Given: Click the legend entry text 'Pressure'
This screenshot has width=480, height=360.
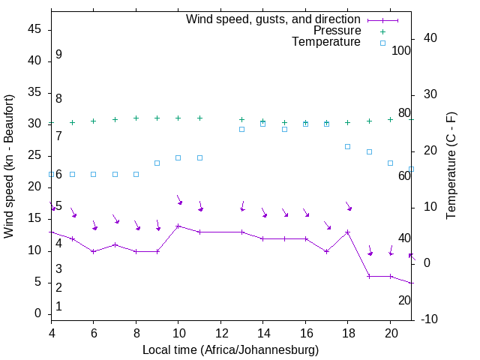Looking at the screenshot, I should [337, 31].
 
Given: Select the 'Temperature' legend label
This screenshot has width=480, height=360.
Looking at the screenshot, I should [326, 42].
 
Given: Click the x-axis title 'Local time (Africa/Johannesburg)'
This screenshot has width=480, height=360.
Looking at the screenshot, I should [230, 350].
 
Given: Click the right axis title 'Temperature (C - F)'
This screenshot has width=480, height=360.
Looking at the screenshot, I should [451, 166].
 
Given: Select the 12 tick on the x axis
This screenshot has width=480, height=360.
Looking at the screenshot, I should [220, 331].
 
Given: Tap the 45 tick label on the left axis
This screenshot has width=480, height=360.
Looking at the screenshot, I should [34, 29].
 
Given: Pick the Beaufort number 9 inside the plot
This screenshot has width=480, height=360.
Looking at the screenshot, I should [58, 55].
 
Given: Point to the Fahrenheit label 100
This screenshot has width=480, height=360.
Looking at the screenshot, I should [401, 50].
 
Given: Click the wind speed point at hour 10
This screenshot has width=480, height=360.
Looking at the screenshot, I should [178, 226].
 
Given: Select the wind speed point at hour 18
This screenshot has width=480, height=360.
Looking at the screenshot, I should [348, 232].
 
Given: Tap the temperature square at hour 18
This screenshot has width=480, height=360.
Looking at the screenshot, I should [348, 146].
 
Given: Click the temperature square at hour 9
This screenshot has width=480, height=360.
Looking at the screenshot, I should [157, 163].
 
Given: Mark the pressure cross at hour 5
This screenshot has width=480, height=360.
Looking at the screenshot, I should [73, 122].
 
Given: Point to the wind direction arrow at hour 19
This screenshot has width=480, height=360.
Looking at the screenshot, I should [369, 250].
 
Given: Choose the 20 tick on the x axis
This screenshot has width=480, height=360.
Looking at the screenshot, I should [390, 331].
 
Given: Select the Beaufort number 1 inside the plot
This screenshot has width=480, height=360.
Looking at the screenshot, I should [58, 306].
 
